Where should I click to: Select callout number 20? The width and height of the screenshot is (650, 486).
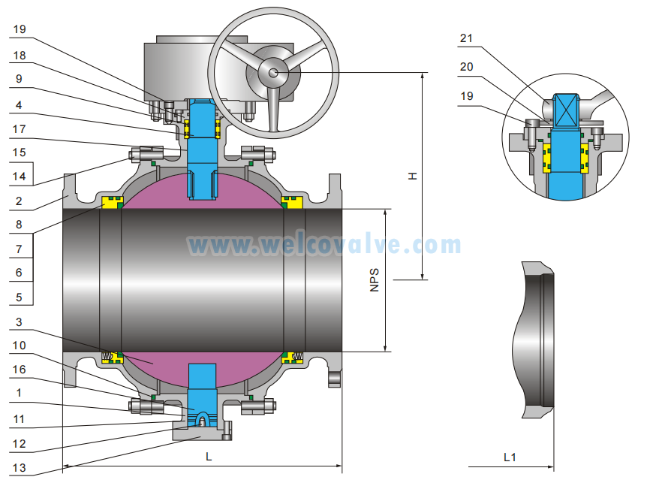(x=467, y=68)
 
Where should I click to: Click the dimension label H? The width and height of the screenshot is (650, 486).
(x=412, y=176)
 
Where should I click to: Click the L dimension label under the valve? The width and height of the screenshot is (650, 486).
(x=209, y=456)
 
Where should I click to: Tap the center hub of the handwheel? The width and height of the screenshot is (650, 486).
(x=273, y=72)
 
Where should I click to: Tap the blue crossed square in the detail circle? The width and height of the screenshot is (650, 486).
(x=567, y=109)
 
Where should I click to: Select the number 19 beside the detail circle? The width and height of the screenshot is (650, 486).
(x=467, y=96)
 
